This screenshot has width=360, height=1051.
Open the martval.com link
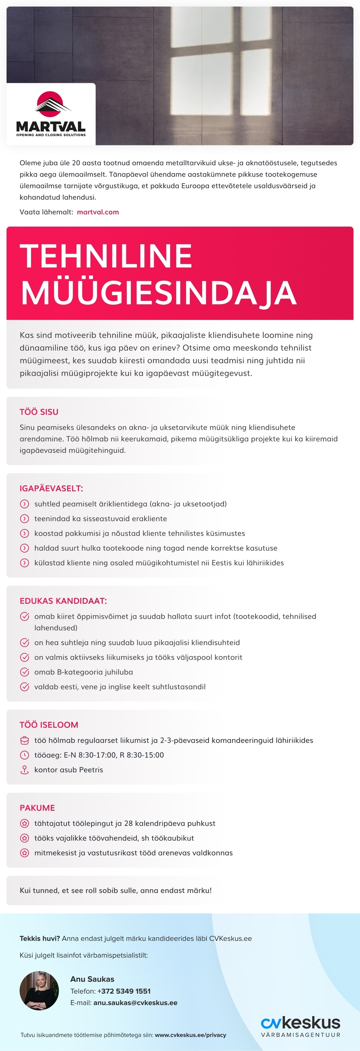pos(98,212)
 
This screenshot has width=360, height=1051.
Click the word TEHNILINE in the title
pos(106,256)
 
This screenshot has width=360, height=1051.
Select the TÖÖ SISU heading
pos(39,412)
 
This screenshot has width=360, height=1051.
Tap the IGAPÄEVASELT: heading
pos(51,488)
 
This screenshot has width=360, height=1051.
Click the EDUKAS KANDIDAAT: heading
pos(63,601)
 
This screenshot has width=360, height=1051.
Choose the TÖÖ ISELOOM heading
pos(49,725)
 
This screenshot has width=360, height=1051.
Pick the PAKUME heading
pos(37,808)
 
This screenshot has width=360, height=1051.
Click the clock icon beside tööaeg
pos(25,755)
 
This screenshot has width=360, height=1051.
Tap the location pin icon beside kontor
pos(25,770)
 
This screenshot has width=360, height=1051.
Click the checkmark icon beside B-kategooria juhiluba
pos(25,672)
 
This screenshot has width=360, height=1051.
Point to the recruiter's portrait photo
pos(39,991)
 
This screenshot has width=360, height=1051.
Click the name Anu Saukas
pos(92,979)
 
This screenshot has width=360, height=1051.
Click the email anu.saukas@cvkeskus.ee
pos(135,1003)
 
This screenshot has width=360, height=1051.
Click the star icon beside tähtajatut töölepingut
pos(25,824)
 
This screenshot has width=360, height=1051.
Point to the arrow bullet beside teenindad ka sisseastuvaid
pos(25,519)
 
